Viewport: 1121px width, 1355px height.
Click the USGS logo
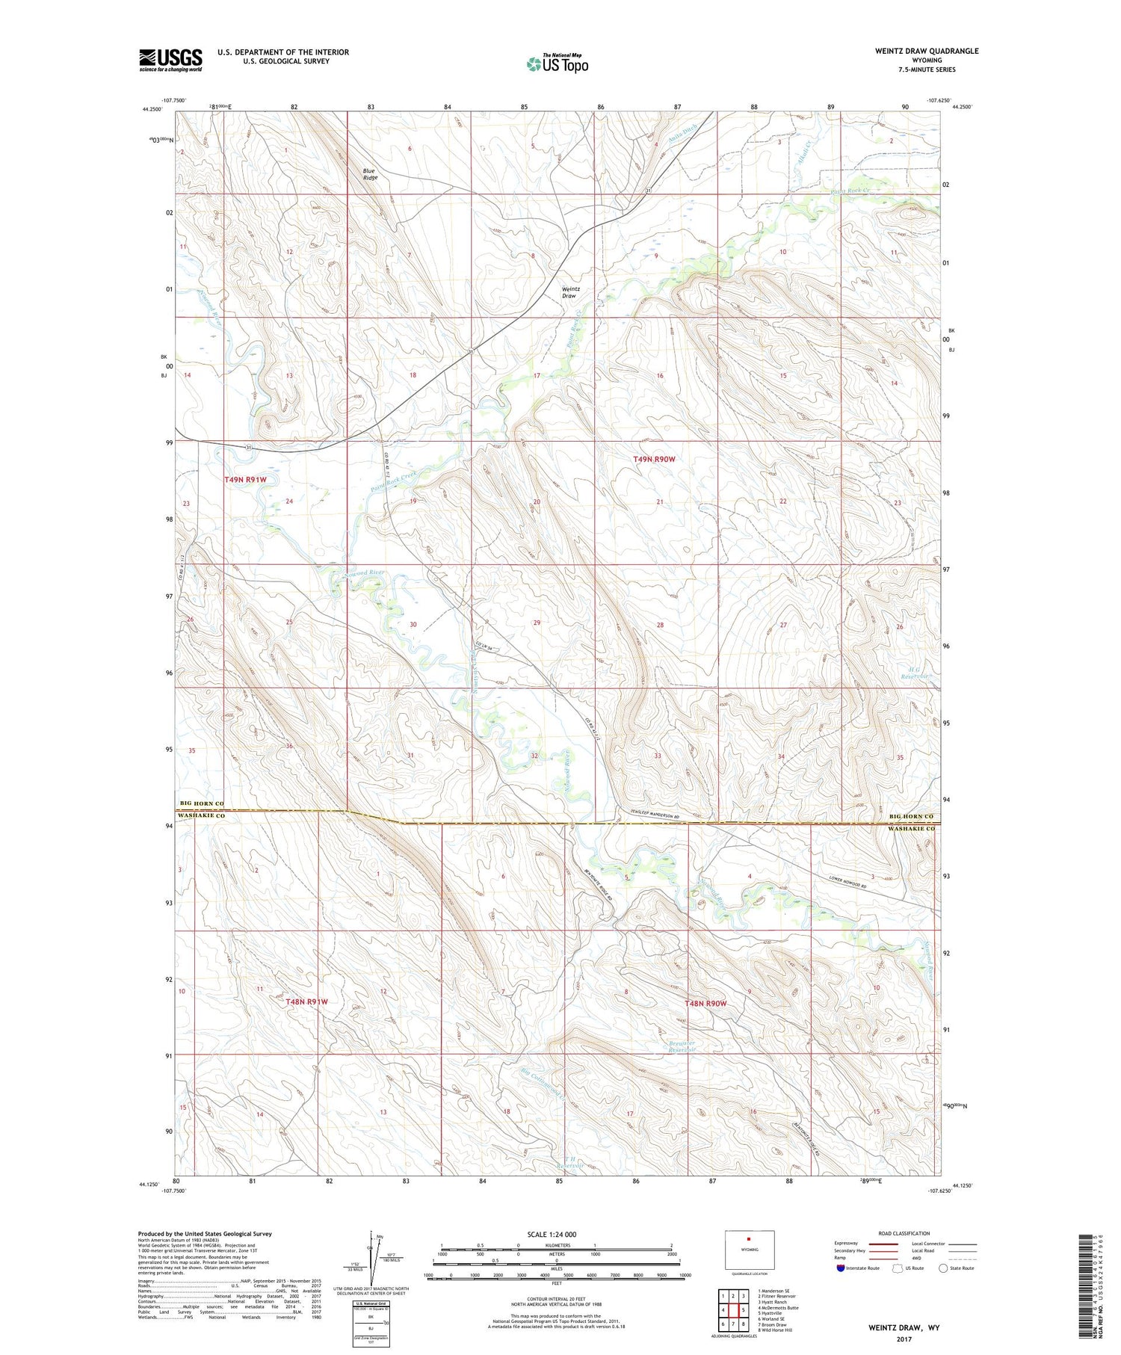[x=170, y=60]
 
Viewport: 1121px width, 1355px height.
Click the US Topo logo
[x=557, y=64]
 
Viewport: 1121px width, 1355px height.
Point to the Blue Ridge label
[x=371, y=174]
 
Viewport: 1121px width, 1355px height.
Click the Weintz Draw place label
[x=569, y=292]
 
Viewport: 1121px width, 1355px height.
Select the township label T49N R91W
[x=245, y=479]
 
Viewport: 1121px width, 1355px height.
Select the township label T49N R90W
[x=654, y=459]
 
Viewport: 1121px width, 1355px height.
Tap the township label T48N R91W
[x=306, y=1001]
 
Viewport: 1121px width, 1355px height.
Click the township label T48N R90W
[x=705, y=1003]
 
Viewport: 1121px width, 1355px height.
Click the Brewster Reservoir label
[x=681, y=1046]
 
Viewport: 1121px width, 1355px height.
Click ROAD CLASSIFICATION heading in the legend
[x=904, y=1233]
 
